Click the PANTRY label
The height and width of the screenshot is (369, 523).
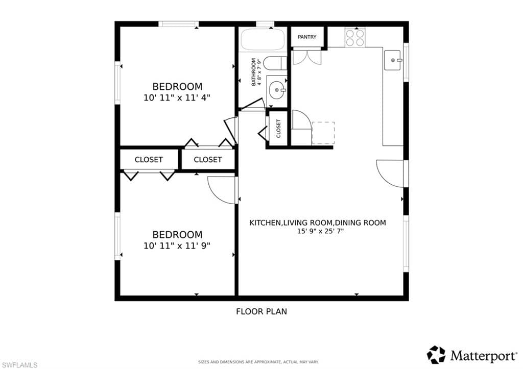point(307,37)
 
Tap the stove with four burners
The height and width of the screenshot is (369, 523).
point(355,37)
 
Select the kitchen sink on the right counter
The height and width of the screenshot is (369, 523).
point(393,60)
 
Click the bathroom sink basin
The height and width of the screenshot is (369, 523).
point(277,90)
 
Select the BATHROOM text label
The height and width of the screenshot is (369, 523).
point(253,71)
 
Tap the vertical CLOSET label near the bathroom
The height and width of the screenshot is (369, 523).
point(278,129)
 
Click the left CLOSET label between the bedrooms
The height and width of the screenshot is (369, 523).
point(149,160)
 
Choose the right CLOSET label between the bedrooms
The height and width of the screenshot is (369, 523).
point(208,160)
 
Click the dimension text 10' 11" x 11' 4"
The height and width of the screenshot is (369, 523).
point(177,97)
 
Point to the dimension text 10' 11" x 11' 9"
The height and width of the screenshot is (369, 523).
point(177,245)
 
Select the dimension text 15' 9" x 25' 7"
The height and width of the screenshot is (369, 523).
point(317,231)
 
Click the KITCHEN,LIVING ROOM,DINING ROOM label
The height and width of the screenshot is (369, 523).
point(317,223)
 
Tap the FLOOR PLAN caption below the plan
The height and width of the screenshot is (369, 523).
point(261,311)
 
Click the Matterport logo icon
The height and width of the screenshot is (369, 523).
point(436,354)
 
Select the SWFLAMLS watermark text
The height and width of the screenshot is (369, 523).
point(19,364)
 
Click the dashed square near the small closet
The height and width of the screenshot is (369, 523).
point(323,133)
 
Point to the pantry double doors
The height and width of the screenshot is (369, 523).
point(306,57)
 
